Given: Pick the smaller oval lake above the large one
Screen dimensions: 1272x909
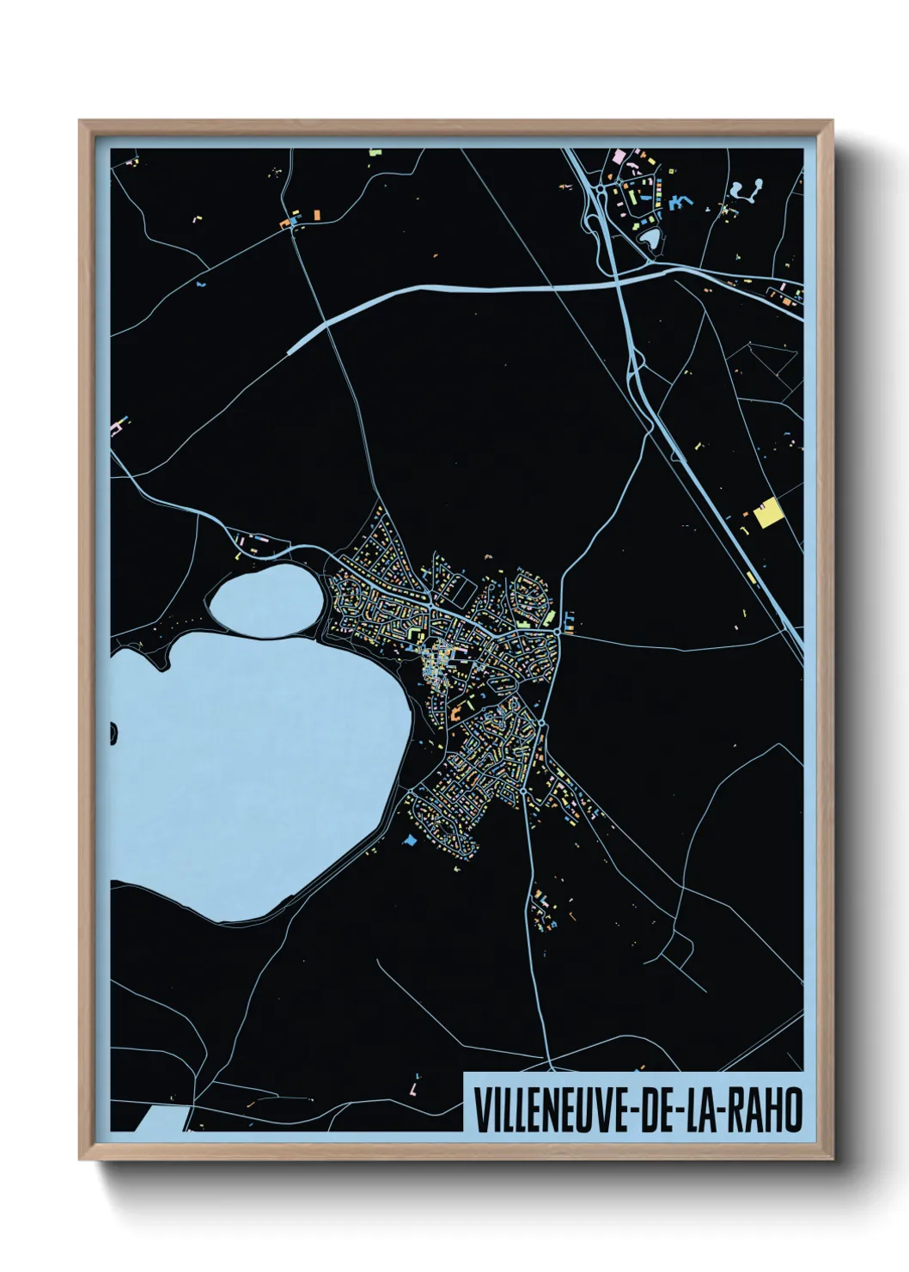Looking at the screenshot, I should [x=262, y=601].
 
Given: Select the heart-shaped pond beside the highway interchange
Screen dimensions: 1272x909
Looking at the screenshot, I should [x=650, y=236].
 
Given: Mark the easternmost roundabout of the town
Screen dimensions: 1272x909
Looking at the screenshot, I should [x=560, y=631].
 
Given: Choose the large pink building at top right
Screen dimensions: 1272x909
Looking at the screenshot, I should [x=617, y=156].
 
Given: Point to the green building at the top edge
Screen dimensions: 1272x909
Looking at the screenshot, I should [x=375, y=153].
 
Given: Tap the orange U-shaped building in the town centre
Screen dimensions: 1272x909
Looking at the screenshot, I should [x=457, y=710].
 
